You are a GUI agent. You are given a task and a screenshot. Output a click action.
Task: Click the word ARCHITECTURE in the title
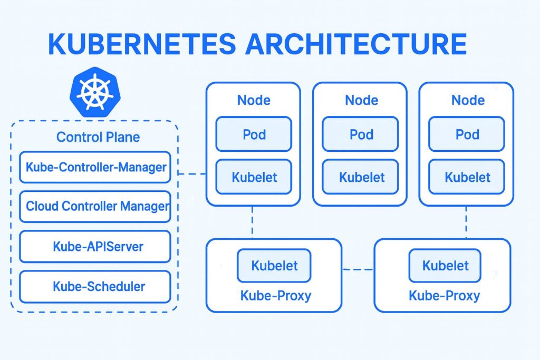pos(355,44)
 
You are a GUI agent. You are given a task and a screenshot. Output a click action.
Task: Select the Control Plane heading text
pos(98,137)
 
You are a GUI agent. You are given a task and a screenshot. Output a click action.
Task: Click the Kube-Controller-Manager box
pos(95,168)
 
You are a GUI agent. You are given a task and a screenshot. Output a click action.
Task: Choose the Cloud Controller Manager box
pos(95,206)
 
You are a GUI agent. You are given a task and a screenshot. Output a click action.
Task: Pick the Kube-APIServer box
pos(95,246)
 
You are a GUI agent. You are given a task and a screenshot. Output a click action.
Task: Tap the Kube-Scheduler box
pos(95,286)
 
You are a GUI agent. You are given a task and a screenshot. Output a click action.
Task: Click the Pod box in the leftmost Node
pos(254,134)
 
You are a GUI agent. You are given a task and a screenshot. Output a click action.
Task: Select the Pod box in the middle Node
pos(361,134)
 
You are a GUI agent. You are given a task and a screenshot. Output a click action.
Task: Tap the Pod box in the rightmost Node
pos(467,134)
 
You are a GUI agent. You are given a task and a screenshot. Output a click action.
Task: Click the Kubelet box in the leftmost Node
pos(254,177)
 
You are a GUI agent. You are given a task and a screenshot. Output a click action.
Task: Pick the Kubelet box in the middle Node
pos(361,177)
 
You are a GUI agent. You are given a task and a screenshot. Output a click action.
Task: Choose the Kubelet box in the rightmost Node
pos(467,177)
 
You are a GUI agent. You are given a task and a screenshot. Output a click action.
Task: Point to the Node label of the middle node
pos(361,100)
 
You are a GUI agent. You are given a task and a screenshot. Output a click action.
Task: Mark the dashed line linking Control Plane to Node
pos(192,173)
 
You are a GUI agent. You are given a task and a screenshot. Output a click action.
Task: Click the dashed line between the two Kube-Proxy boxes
pos(358,269)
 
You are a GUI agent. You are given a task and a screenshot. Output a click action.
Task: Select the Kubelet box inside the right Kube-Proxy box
pos(445,266)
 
